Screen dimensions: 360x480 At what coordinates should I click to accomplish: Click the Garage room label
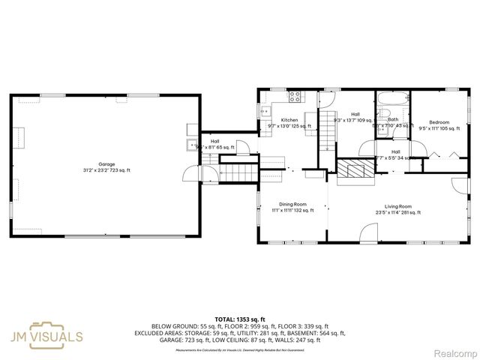pyautogui.click(x=106, y=164)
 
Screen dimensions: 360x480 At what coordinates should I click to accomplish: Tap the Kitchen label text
pyautogui.click(x=289, y=120)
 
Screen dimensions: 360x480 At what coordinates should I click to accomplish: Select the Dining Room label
pyautogui.click(x=292, y=205)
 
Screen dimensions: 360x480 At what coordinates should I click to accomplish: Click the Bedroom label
pyautogui.click(x=439, y=122)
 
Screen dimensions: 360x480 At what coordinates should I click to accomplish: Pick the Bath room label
pyautogui.click(x=393, y=119)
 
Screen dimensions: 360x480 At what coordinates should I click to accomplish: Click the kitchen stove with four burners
pyautogui.click(x=295, y=96)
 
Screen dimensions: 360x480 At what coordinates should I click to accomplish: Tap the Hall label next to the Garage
pyautogui.click(x=214, y=141)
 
